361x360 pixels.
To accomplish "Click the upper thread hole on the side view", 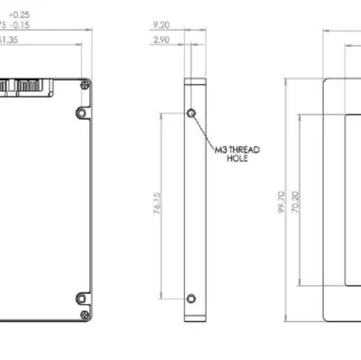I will point(190,114).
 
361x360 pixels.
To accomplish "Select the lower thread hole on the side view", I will point(190,299).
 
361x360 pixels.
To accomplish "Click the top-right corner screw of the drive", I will point(85,83).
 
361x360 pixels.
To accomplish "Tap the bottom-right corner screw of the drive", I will point(85,314).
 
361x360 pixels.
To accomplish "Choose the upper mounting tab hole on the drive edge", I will point(79,114).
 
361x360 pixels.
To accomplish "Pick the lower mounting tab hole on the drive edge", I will point(79,299).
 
